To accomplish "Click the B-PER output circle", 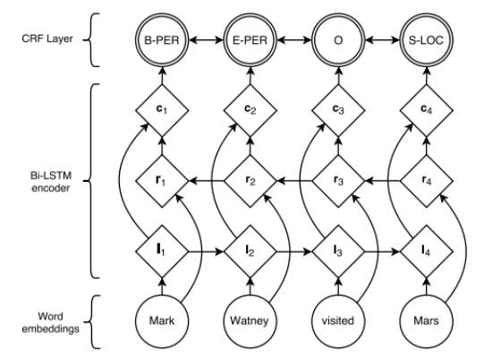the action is [x=162, y=40].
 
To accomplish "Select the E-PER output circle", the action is [x=250, y=40].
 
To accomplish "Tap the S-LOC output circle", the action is [x=426, y=40].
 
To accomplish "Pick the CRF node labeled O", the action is [x=338, y=40].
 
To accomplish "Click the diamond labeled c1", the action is [x=162, y=110].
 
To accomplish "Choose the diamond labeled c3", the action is [x=338, y=110].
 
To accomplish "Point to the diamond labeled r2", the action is [x=250, y=181].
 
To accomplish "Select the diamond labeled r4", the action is [x=426, y=181].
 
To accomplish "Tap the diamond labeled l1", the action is [x=162, y=252].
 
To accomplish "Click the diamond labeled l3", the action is [x=338, y=252].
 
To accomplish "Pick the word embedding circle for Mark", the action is [x=162, y=321].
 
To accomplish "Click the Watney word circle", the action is [x=250, y=321].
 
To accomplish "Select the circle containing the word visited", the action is [x=338, y=321].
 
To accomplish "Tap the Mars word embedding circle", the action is [x=426, y=321].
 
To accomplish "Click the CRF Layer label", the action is [x=47, y=39].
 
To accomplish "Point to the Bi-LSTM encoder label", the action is [x=50, y=182].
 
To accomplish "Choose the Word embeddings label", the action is [x=50, y=322].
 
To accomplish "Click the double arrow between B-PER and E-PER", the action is [x=206, y=40].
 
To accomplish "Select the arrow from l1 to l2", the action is [x=206, y=252].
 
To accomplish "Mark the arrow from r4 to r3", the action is [x=383, y=181].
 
